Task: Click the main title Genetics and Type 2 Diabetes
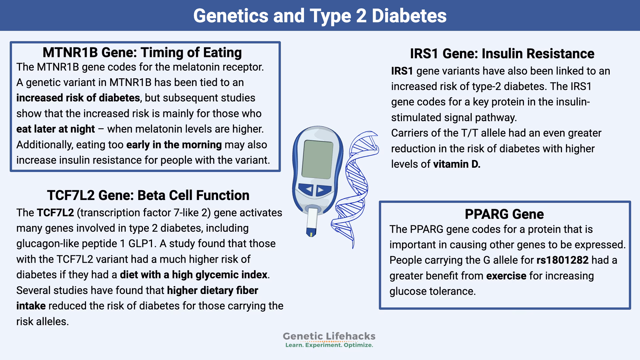320,16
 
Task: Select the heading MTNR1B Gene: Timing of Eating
142,52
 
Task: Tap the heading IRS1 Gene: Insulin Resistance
502,54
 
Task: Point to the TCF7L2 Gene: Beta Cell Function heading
148,195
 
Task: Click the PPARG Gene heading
504,214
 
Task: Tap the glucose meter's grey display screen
317,159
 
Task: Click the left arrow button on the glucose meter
307,190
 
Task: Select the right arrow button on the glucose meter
322,190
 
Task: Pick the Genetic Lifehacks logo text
329,336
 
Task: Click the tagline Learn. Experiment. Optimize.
329,345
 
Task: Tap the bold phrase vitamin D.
457,164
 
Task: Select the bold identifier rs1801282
562,260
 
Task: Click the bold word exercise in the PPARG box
506,276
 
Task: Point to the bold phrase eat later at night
56,129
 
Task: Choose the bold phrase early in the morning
174,145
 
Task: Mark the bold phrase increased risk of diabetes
78,98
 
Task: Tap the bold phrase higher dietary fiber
212,290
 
